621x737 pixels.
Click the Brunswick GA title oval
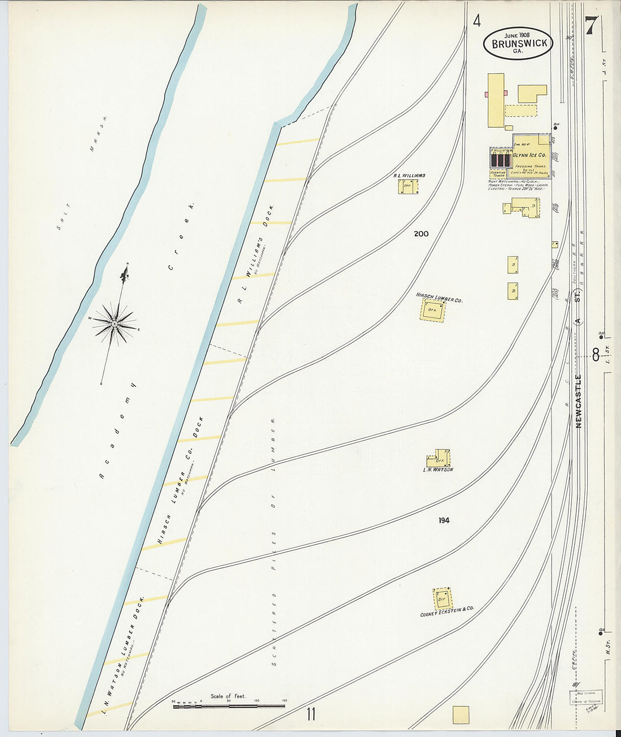(517, 43)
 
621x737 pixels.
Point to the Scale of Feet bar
(229, 705)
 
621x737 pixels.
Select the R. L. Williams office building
(409, 187)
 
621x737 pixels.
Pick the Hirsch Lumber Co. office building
(433, 311)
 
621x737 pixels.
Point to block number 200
(421, 234)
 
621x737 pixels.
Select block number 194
(444, 521)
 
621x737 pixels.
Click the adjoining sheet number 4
(477, 21)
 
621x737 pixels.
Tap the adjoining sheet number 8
(596, 354)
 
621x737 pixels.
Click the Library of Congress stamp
(586, 697)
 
